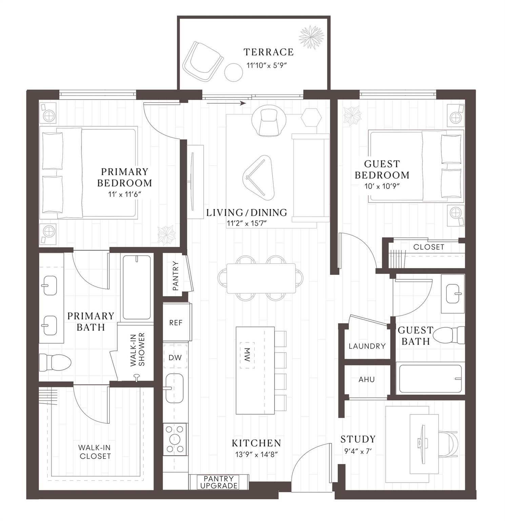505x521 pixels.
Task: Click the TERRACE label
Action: [x=268, y=52]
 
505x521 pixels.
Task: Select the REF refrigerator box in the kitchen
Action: [x=176, y=322]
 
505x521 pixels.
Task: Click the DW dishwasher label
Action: [x=175, y=357]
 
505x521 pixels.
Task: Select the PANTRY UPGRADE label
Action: [x=219, y=482]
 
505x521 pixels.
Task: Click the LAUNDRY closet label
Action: [x=367, y=346]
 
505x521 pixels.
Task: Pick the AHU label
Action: [x=367, y=379]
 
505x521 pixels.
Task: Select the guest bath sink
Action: [x=453, y=293]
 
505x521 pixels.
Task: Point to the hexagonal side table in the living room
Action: [x=311, y=117]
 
